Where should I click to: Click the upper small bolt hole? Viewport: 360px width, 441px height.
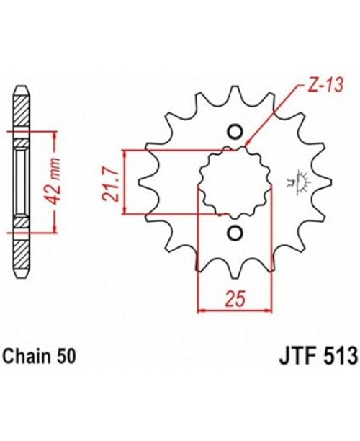pyautogui.click(x=235, y=131)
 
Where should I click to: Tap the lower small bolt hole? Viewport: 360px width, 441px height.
pyautogui.click(x=235, y=232)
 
